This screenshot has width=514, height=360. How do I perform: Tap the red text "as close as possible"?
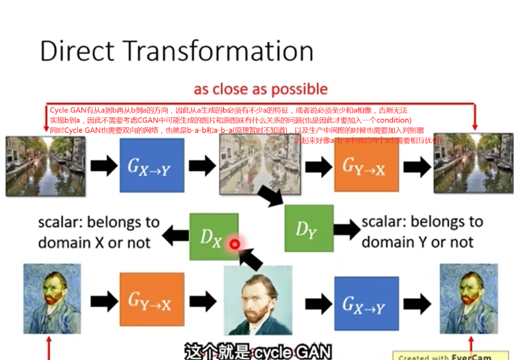261,90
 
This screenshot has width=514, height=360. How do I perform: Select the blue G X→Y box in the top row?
152,165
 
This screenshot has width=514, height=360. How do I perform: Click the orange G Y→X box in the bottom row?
152,300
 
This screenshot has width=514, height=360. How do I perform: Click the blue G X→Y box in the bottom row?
366,303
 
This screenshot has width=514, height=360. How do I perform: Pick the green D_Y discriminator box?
309,229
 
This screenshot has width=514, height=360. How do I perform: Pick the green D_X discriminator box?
214,236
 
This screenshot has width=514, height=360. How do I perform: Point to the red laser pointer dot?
235,244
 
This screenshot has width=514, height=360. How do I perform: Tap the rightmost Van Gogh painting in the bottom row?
468,299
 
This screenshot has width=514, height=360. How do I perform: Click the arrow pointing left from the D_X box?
175,237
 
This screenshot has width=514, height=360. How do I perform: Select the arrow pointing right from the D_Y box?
346,230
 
